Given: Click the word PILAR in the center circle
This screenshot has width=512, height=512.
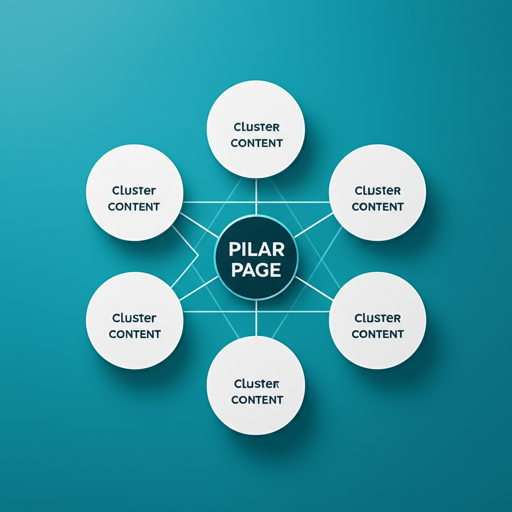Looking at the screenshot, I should coord(256,248).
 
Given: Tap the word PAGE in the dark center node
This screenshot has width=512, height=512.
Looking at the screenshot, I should coord(256,270).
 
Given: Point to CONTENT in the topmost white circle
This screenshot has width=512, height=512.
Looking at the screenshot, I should coord(256,143).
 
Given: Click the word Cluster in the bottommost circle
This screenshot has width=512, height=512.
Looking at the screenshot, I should coord(256,384).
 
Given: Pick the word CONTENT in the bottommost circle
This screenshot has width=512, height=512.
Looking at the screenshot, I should coord(257,399).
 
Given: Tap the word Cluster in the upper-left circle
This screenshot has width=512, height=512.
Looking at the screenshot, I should coord(134,190).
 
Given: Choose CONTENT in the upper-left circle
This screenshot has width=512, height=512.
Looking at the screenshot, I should coord(134,206).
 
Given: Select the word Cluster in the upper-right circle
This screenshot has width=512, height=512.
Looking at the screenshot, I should coord(377,190).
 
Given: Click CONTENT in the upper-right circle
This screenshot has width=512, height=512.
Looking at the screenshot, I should coord(377,206).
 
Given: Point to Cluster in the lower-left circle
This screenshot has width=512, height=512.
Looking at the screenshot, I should coord(134,318).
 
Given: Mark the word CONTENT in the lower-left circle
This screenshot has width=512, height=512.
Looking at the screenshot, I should coord(134,334).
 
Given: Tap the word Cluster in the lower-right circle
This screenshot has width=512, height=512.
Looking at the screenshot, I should coord(377,318).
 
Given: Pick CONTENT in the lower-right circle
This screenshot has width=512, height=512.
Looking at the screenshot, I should coord(377,334).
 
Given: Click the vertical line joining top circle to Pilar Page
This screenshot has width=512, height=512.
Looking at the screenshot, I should coord(256,196).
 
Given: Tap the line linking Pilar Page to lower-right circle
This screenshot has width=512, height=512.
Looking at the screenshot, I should coord(314,288).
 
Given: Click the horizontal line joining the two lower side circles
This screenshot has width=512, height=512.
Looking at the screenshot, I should coord(256,311).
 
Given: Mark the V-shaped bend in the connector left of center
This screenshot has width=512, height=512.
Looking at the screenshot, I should coord(198,255).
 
